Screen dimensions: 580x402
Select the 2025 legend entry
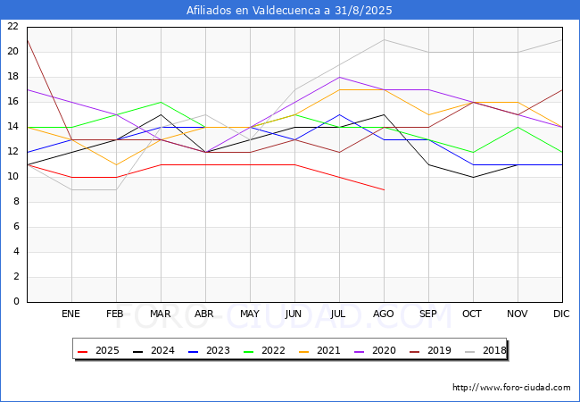click(x=98, y=350)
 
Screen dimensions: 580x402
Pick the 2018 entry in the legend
click(x=485, y=350)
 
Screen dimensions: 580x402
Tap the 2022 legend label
click(x=264, y=350)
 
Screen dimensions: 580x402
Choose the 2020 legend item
click(x=375, y=350)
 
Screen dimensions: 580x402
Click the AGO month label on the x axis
click(x=383, y=314)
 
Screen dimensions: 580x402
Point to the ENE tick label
click(x=70, y=314)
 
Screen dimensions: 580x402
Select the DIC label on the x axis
click(x=561, y=314)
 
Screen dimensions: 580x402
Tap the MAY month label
click(x=250, y=314)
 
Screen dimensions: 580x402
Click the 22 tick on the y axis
click(x=13, y=26)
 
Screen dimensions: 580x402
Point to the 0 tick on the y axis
click(x=16, y=302)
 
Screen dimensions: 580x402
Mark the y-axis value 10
click(x=13, y=177)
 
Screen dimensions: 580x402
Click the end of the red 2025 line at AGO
click(x=385, y=190)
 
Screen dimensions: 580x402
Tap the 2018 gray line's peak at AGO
click(x=385, y=39)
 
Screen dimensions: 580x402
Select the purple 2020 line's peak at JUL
click(x=340, y=77)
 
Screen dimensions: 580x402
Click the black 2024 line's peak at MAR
click(x=161, y=114)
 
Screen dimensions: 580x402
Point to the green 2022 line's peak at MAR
click(x=161, y=102)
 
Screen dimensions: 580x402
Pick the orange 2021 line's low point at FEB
click(x=117, y=164)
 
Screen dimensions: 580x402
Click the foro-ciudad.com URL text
click(x=511, y=388)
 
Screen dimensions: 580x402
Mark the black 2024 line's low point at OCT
click(x=474, y=177)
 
